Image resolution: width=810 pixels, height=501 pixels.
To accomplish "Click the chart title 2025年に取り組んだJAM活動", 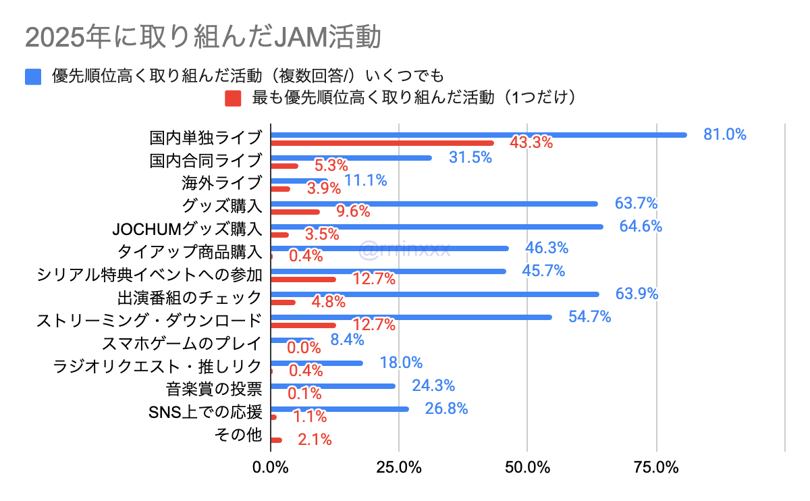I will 202,37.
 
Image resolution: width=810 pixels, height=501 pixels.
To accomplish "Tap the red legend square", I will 233,99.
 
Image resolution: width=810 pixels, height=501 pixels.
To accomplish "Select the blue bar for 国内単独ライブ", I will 478,135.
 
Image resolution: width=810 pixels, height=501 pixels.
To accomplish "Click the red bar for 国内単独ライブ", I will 382,143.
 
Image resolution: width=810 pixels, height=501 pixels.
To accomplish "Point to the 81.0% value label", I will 724,134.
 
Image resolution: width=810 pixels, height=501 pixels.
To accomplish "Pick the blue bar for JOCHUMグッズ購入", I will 436,227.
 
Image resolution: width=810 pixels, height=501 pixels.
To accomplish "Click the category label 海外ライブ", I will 221,182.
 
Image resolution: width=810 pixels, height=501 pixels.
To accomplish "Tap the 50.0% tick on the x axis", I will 527,467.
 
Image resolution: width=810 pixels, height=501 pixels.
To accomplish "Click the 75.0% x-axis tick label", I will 656,467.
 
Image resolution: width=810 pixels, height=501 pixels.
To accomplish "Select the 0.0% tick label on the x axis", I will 270,467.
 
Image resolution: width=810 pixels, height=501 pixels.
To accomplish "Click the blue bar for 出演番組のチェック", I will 434,294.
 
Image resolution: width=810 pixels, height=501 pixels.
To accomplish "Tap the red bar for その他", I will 276,440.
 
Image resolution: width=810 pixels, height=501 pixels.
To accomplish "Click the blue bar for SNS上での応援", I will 340,409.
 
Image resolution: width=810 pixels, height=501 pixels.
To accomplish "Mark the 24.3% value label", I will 433,386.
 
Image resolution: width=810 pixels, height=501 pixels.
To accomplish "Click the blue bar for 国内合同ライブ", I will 350,158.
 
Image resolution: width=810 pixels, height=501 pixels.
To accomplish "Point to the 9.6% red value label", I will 353,211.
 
